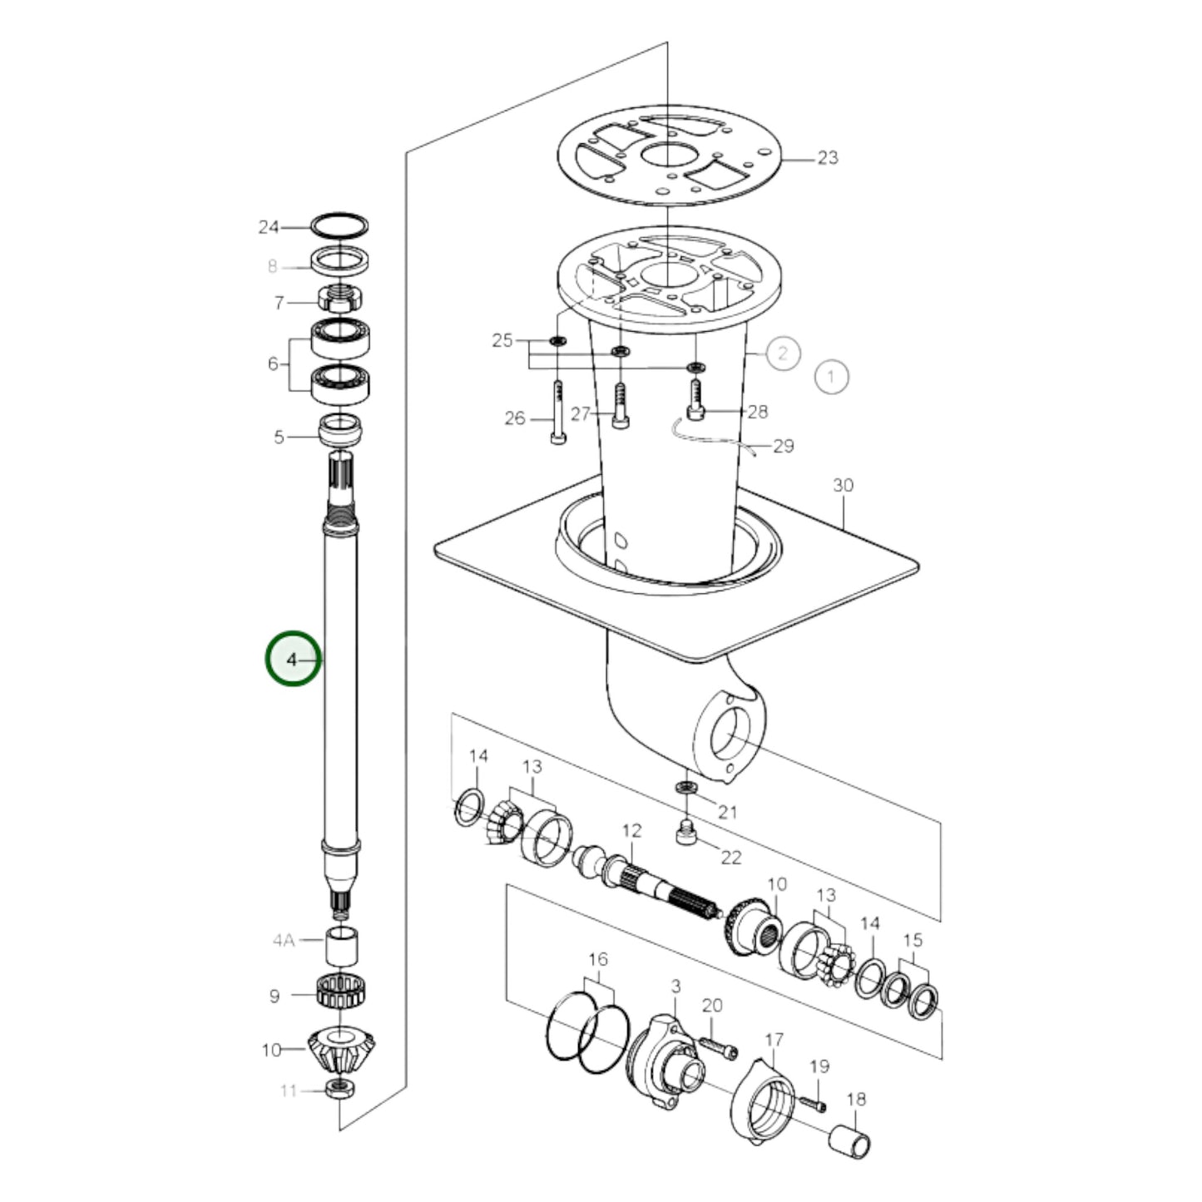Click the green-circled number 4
point(292,660)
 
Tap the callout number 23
point(828,158)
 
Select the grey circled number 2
point(782,354)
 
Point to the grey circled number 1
point(831,377)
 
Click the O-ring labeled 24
point(339,225)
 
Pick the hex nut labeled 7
point(339,299)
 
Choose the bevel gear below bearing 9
point(341,1051)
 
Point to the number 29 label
point(784,447)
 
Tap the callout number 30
point(843,485)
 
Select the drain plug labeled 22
point(685,833)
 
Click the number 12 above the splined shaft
point(632,830)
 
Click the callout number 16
point(598,959)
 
